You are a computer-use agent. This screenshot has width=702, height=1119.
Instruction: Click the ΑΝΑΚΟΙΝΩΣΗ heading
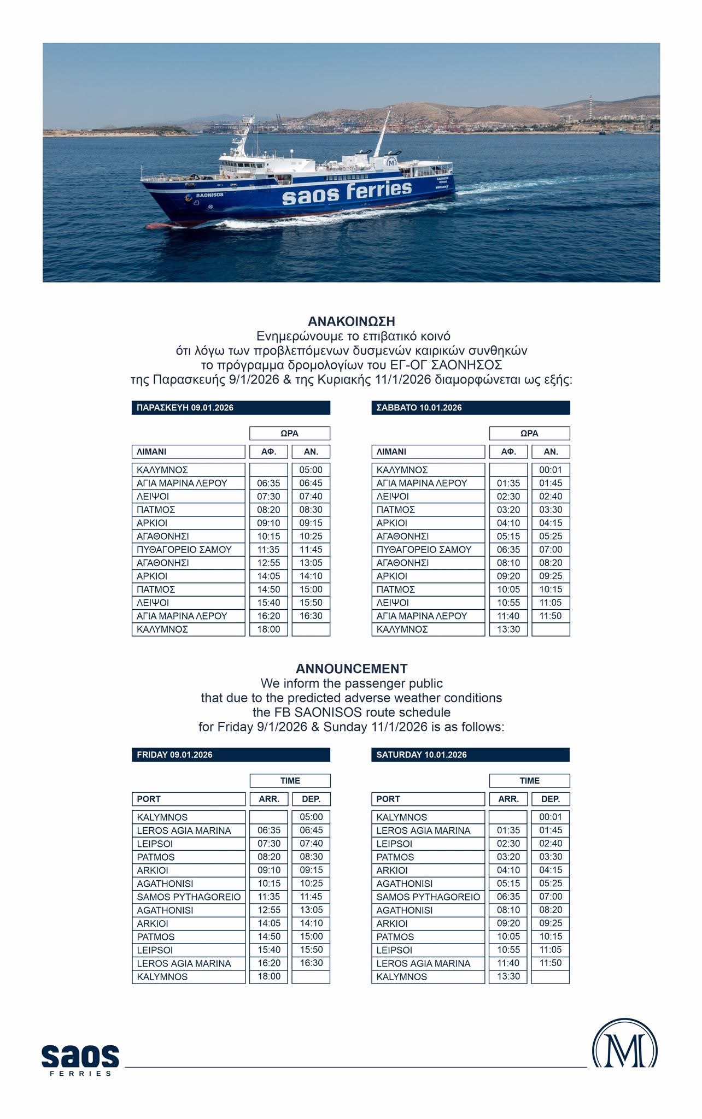pyautogui.click(x=351, y=321)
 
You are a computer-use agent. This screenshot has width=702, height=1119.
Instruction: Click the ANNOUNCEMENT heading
pyautogui.click(x=351, y=668)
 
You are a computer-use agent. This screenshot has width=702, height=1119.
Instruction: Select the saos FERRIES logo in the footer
pyautogui.click(x=80, y=1059)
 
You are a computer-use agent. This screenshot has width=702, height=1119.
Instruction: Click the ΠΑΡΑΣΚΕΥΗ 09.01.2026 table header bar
pyautogui.click(x=231, y=408)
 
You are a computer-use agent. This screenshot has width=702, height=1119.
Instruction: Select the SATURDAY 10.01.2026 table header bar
pyautogui.click(x=470, y=755)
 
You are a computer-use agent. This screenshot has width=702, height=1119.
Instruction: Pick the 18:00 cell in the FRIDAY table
pyautogui.click(x=268, y=976)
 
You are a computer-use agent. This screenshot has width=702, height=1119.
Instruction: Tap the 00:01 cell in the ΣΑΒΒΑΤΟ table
pyautogui.click(x=551, y=470)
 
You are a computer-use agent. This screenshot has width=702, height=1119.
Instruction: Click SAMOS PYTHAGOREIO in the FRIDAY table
pyautogui.click(x=189, y=897)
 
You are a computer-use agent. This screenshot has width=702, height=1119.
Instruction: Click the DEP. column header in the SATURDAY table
pyautogui.click(x=551, y=799)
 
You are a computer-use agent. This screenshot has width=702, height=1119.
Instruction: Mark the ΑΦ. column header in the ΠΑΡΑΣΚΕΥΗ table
pyautogui.click(x=268, y=452)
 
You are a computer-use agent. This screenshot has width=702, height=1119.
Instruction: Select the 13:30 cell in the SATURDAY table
pyautogui.click(x=508, y=976)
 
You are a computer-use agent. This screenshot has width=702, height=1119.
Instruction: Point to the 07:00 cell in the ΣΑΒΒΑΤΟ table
pyautogui.click(x=551, y=550)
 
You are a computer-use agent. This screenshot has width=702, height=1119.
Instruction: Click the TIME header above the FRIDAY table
pyautogui.click(x=290, y=781)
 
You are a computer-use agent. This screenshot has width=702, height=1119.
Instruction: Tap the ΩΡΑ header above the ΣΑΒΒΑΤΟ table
pyautogui.click(x=529, y=433)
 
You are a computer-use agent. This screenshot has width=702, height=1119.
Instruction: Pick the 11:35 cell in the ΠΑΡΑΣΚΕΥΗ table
pyautogui.click(x=268, y=550)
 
